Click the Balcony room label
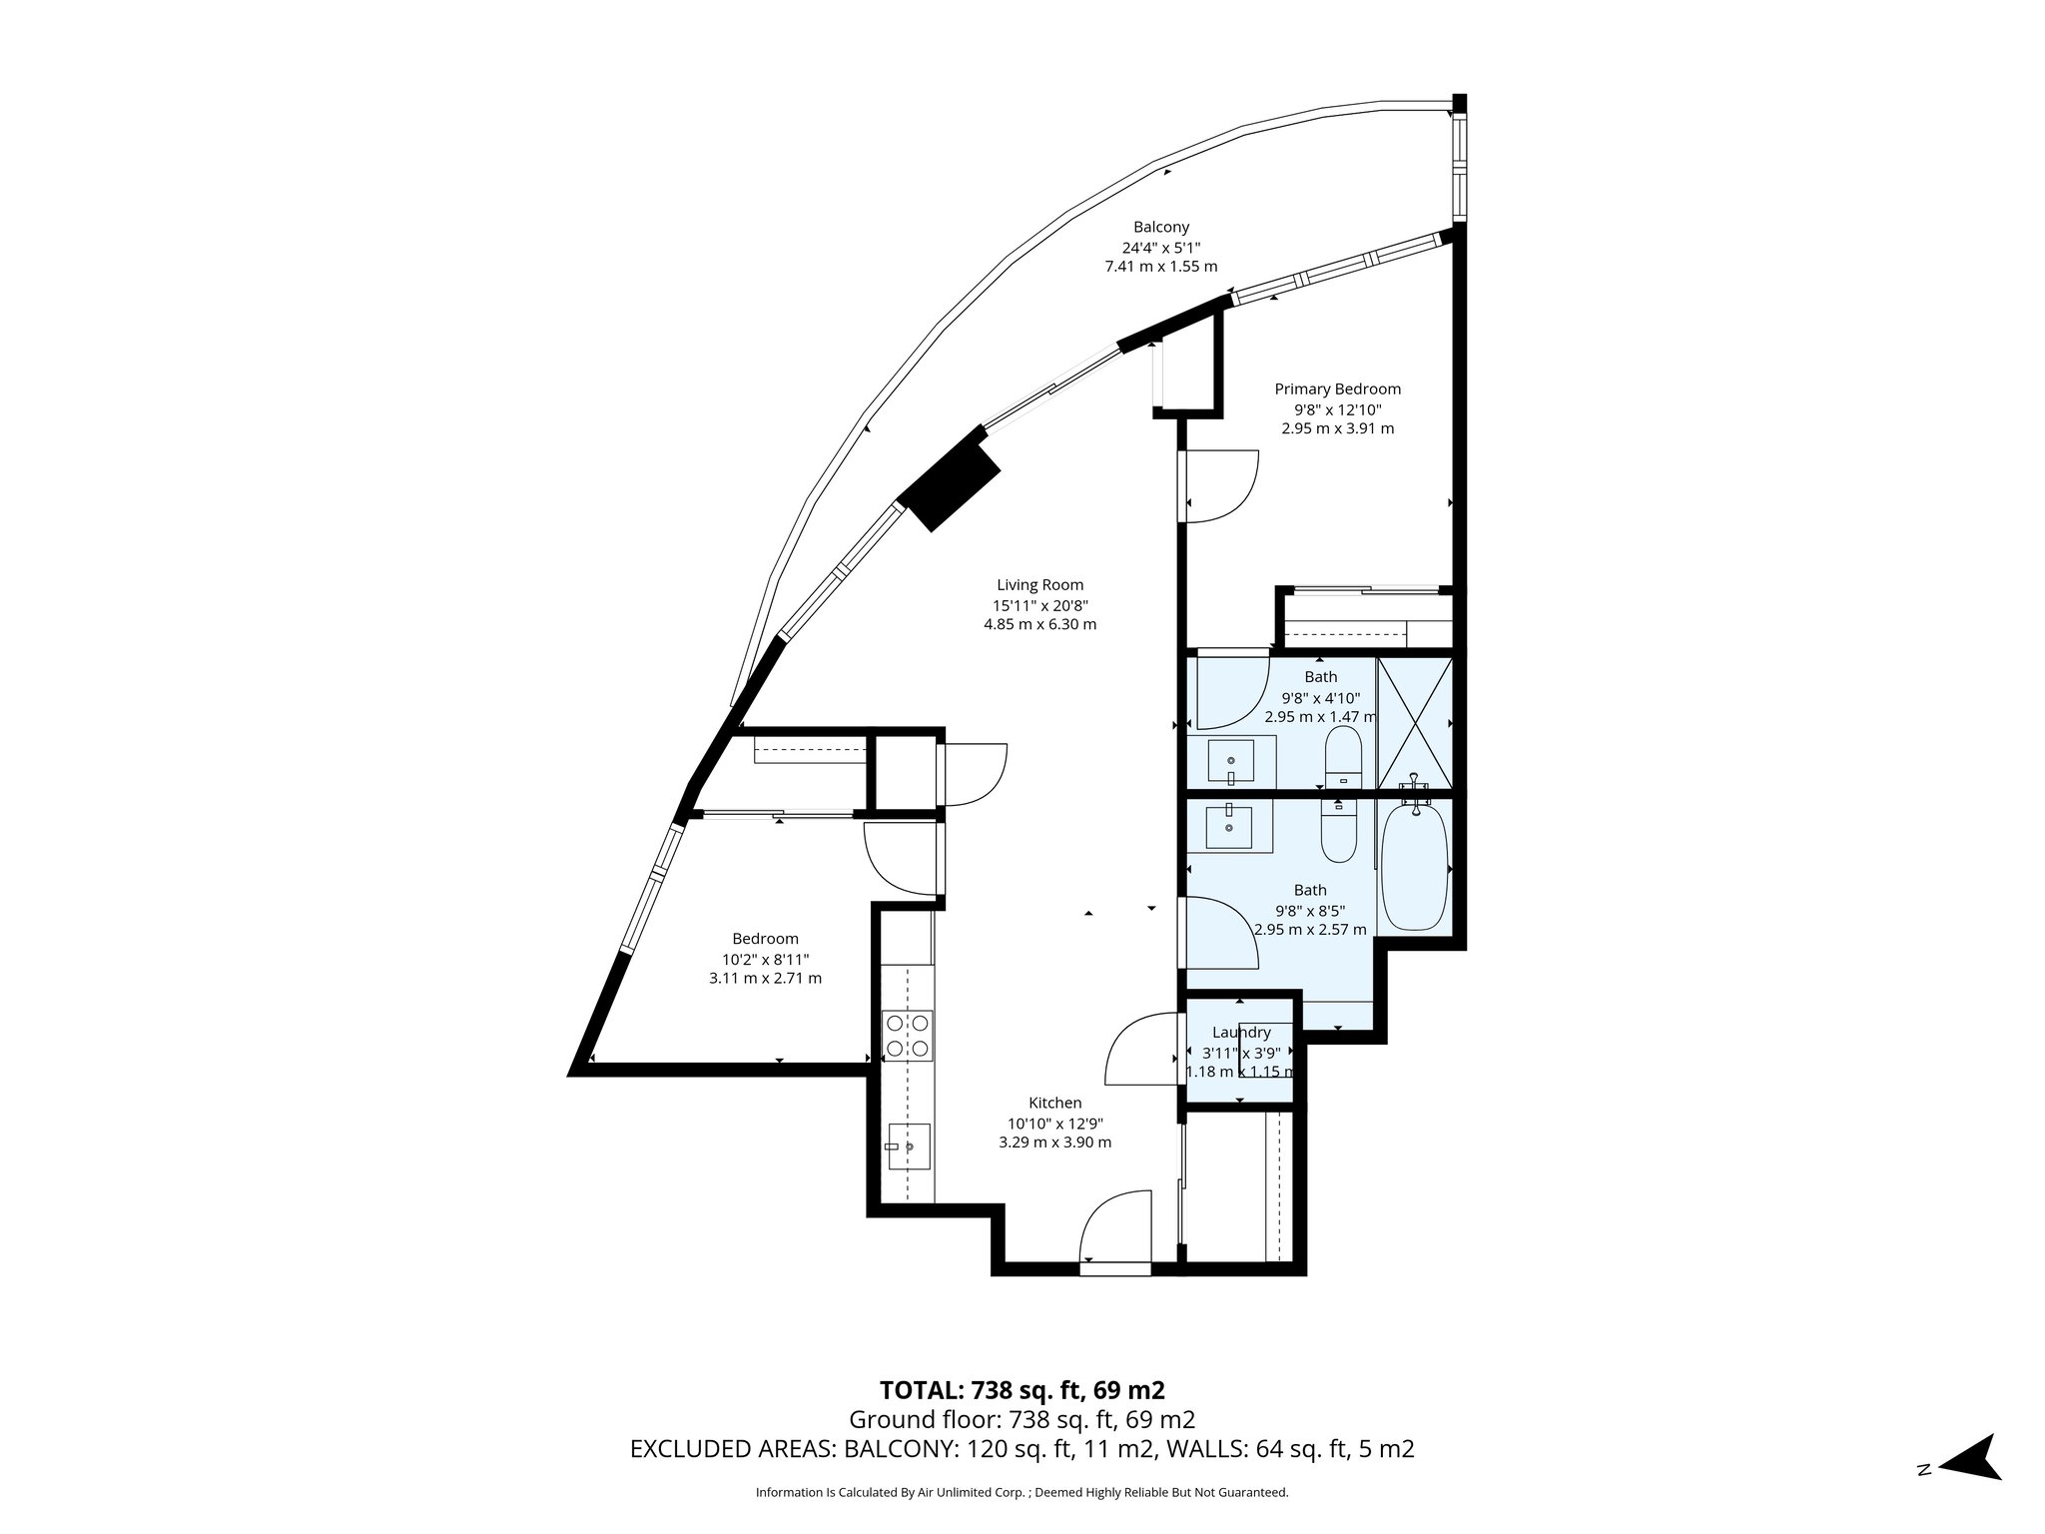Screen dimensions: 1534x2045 (1160, 228)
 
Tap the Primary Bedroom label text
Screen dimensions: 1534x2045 (1337, 389)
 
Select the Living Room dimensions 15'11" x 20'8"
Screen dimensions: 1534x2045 (1039, 605)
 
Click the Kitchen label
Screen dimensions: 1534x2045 (1054, 1103)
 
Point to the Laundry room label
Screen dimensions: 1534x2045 (1241, 1033)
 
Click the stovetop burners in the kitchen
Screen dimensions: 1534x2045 (908, 1036)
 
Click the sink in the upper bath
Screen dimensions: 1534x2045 (1230, 762)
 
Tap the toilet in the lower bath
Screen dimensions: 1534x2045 (1339, 831)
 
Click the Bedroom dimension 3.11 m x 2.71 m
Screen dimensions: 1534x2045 (765, 978)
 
